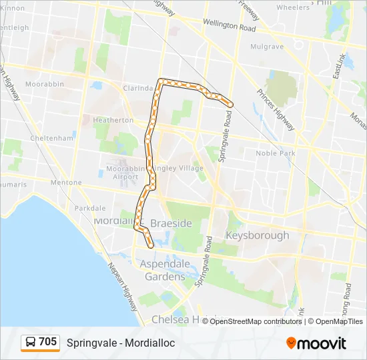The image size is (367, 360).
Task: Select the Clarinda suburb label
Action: tap(139, 87)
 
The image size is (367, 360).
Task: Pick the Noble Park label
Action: tap(275, 153)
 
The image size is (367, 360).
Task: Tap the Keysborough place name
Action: tap(257, 235)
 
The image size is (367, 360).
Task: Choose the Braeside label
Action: tap(172, 223)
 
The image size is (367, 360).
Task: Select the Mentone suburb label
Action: tap(65, 182)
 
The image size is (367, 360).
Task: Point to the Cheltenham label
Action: tap(51, 138)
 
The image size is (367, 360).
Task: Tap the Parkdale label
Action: tap(89, 208)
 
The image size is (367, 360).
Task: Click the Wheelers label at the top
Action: tap(293, 8)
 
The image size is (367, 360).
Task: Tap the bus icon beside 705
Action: tap(30, 343)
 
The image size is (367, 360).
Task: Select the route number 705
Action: tap(47, 342)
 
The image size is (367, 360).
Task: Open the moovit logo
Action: tap(316, 343)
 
